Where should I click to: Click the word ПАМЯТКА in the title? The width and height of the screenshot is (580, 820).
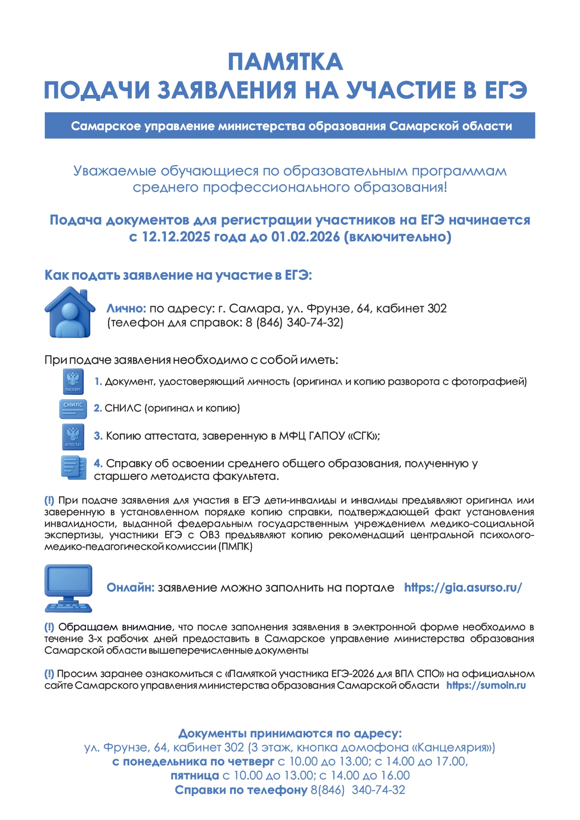pyautogui.click(x=285, y=62)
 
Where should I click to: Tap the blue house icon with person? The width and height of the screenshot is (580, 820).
pyautogui.click(x=70, y=312)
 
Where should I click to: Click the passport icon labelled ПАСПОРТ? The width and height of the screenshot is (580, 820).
pyautogui.click(x=73, y=381)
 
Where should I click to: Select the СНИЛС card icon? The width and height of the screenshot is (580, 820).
pyautogui.click(x=73, y=409)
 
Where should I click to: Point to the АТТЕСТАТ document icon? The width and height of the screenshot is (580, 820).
pyautogui.click(x=73, y=437)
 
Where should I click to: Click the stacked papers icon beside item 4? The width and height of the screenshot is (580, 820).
pyautogui.click(x=73, y=468)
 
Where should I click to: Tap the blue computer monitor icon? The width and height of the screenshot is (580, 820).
pyautogui.click(x=68, y=588)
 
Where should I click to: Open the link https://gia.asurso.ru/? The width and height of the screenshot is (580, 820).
pyautogui.click(x=463, y=588)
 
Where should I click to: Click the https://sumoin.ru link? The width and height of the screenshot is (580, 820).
pyautogui.click(x=486, y=685)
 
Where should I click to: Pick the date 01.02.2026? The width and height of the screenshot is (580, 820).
pyautogui.click(x=306, y=237)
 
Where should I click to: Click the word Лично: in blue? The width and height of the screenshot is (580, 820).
pyautogui.click(x=126, y=309)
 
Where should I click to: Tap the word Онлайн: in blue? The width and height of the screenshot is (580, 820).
pyautogui.click(x=130, y=588)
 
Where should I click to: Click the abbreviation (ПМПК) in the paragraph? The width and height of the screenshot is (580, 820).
pyautogui.click(x=235, y=547)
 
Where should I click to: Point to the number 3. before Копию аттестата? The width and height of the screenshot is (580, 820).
pyautogui.click(x=98, y=436)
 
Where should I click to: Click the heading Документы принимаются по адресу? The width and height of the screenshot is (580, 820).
pyautogui.click(x=290, y=733)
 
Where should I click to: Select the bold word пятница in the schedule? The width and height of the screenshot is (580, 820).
pyautogui.click(x=194, y=776)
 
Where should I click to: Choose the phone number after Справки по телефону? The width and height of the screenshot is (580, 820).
pyautogui.click(x=358, y=790)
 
